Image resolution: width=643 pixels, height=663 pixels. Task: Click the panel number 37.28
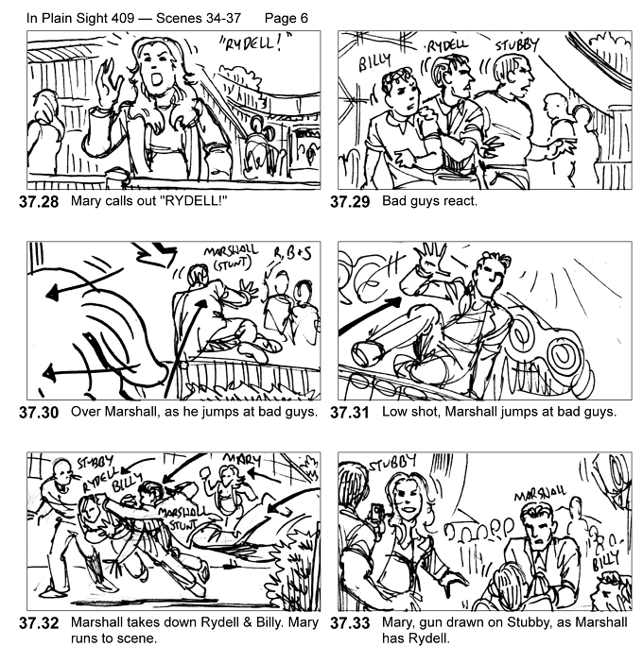tap(39, 202)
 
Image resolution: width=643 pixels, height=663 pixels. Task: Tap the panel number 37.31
tap(350, 413)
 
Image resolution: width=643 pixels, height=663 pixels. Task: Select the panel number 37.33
tap(350, 622)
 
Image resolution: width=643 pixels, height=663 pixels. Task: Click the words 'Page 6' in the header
tap(287, 18)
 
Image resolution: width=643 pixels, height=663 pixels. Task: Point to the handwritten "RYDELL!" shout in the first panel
tap(255, 43)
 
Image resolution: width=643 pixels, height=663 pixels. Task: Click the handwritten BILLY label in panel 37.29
tap(374, 62)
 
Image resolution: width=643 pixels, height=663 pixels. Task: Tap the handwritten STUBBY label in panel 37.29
tap(517, 44)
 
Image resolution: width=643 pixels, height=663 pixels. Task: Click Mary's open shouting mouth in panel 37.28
tap(157, 79)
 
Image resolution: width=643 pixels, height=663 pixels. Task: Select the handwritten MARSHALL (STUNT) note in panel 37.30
tap(231, 257)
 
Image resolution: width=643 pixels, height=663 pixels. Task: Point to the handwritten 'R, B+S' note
tap(292, 254)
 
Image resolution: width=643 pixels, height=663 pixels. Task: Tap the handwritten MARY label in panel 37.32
tap(242, 459)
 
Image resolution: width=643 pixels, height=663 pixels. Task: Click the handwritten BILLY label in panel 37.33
tap(606, 559)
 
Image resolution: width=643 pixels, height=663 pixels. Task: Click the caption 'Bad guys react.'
tap(429, 201)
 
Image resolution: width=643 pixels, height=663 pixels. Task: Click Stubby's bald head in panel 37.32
tap(61, 468)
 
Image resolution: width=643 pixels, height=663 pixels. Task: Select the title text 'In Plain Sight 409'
tap(80, 18)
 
